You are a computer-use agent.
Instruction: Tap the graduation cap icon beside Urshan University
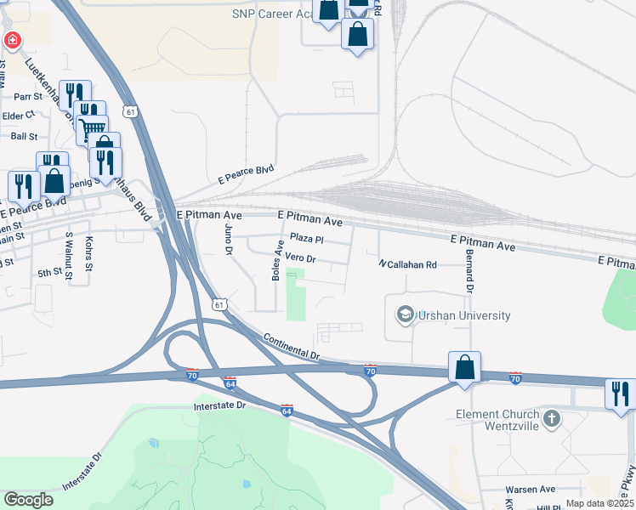coord(406,315)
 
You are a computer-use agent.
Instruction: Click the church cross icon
coord(552,418)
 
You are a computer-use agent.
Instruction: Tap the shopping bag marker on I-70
coord(464,368)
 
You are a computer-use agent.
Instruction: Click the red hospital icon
coord(12,40)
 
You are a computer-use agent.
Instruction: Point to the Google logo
coord(28,500)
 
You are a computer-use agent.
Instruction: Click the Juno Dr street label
coord(228,241)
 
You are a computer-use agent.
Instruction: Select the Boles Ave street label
coord(276,259)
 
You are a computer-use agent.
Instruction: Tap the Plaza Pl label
coord(308,239)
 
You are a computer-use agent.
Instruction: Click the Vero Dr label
coord(300,257)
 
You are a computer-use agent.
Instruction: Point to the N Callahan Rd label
coord(407,265)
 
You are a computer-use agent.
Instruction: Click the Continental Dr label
coord(291,346)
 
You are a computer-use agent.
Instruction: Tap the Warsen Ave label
coord(530,490)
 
